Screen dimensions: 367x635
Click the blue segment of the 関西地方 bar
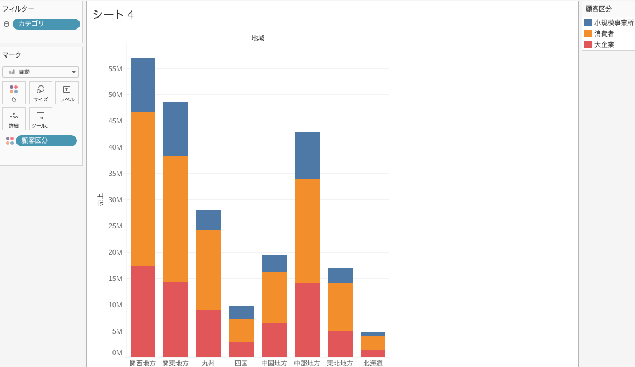(x=143, y=85)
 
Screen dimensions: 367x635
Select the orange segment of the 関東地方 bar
(x=175, y=218)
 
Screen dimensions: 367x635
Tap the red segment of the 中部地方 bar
(x=307, y=320)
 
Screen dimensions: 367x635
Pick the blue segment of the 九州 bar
(x=208, y=220)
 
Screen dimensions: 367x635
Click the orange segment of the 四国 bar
(x=241, y=330)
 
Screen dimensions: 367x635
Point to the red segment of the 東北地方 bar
(x=340, y=344)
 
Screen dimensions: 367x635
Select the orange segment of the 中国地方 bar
(x=274, y=297)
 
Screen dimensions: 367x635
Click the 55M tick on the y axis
(x=115, y=69)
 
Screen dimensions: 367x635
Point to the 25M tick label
(x=115, y=226)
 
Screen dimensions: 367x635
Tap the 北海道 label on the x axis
(x=373, y=363)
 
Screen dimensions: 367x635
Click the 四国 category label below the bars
(x=241, y=363)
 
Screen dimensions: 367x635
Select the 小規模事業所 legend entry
(x=609, y=23)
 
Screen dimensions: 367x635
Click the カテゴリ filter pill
(x=46, y=24)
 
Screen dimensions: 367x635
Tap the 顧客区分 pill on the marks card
(x=46, y=141)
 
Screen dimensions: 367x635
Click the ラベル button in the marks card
(x=67, y=93)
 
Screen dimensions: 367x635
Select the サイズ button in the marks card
(x=41, y=93)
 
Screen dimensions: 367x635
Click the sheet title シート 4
(x=113, y=15)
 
